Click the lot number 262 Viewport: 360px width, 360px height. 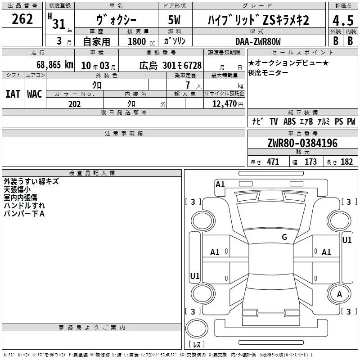point(22,19)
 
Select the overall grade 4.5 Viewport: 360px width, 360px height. point(343,20)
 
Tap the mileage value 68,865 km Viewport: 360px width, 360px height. point(55,65)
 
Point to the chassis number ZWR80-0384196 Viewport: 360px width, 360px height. point(302,143)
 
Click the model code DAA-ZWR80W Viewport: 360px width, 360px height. point(258,41)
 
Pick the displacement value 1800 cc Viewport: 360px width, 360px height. point(141,41)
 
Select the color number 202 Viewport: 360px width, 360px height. point(74,104)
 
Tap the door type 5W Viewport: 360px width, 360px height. point(174,20)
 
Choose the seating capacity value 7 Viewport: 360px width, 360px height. point(188,85)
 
